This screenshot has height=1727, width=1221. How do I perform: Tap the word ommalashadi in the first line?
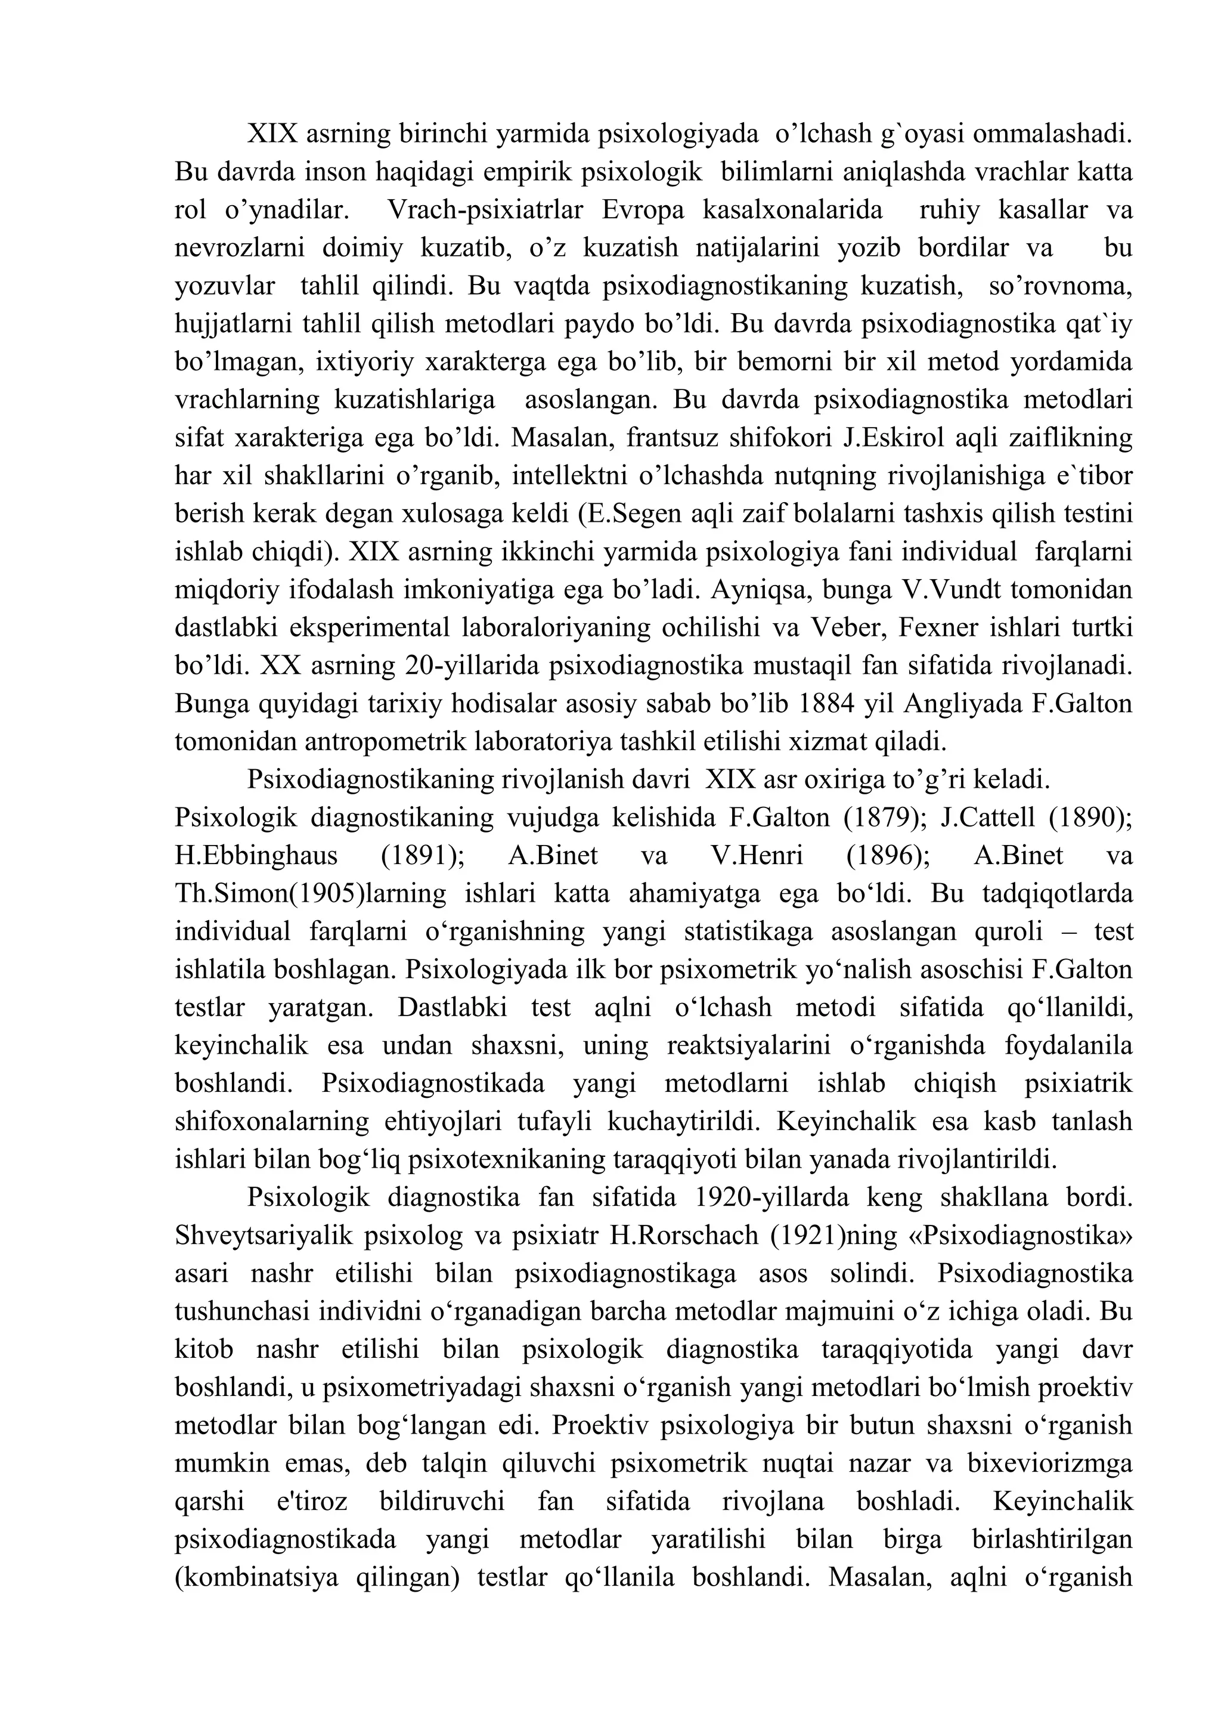point(1053,135)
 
